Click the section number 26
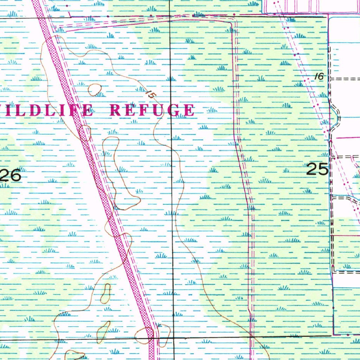(10, 175)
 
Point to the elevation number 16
(319, 76)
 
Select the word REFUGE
(152, 110)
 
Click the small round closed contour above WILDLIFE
(95, 90)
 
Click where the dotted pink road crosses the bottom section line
(151, 338)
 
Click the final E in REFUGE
(189, 110)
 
